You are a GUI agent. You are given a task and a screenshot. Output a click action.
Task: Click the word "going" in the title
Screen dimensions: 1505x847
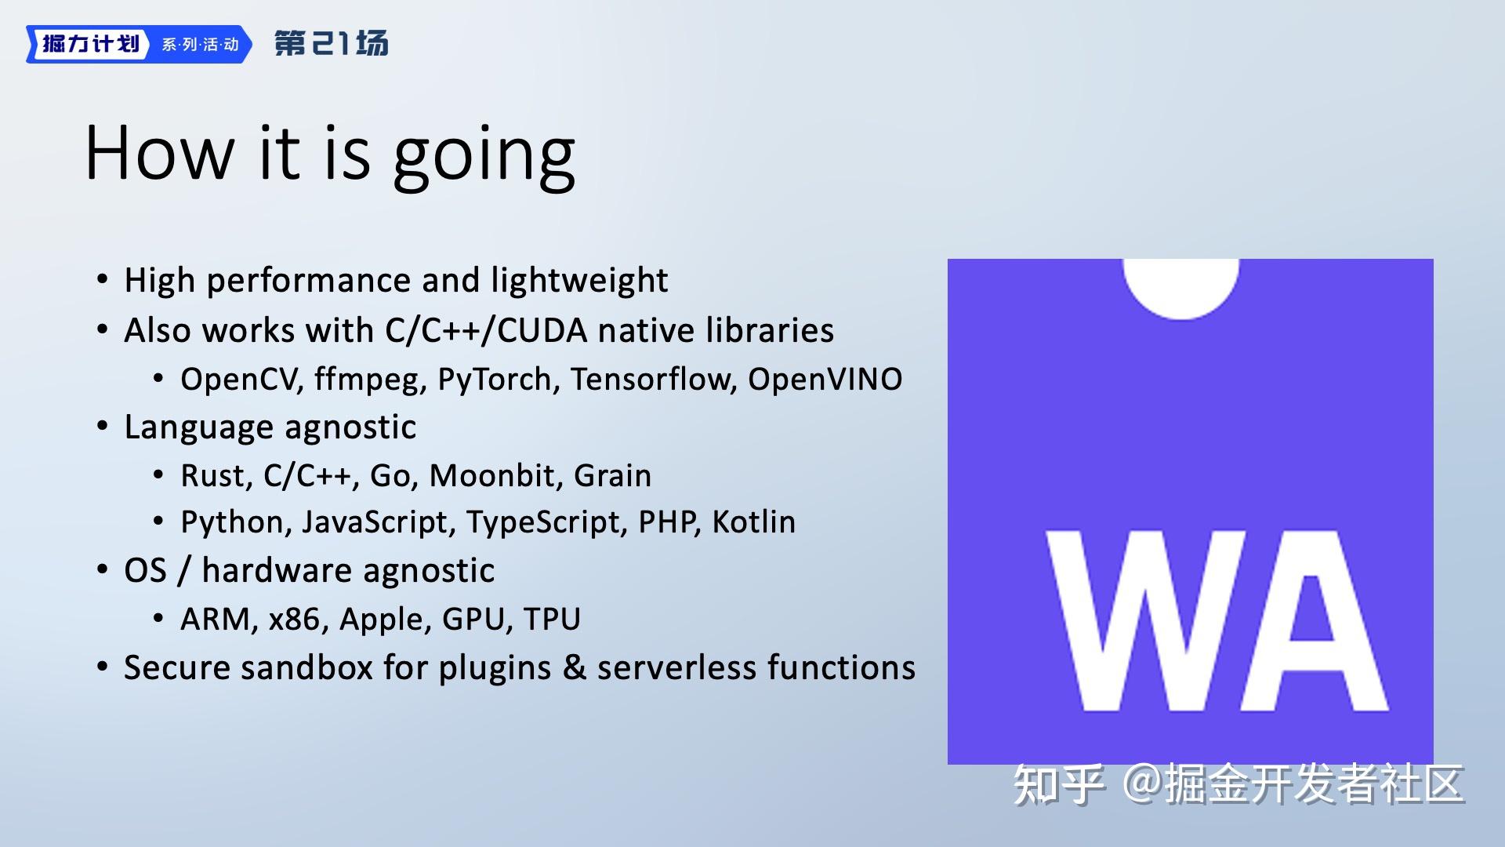[x=484, y=156]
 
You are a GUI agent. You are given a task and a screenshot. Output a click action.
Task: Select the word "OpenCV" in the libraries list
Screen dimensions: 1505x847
[x=241, y=380]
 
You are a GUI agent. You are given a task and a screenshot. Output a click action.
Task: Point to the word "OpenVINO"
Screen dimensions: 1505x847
[x=825, y=380]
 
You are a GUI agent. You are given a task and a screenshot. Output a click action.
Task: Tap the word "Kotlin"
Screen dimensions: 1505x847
[x=753, y=522]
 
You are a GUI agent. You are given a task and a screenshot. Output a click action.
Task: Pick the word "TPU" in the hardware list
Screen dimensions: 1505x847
[x=552, y=620]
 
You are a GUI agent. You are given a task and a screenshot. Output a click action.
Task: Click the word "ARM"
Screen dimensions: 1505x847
[x=216, y=620]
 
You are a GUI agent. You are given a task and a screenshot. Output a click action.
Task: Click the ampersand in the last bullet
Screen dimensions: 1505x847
[x=575, y=667]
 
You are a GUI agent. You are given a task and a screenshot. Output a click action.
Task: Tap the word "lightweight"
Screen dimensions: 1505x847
[x=579, y=281]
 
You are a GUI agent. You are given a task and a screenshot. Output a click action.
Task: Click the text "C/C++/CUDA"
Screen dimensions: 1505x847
[x=486, y=330]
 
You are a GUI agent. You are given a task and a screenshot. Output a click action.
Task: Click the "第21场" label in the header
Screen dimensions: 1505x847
[x=331, y=43]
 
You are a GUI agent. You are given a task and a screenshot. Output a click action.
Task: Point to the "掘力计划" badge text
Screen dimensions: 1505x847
[x=90, y=44]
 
